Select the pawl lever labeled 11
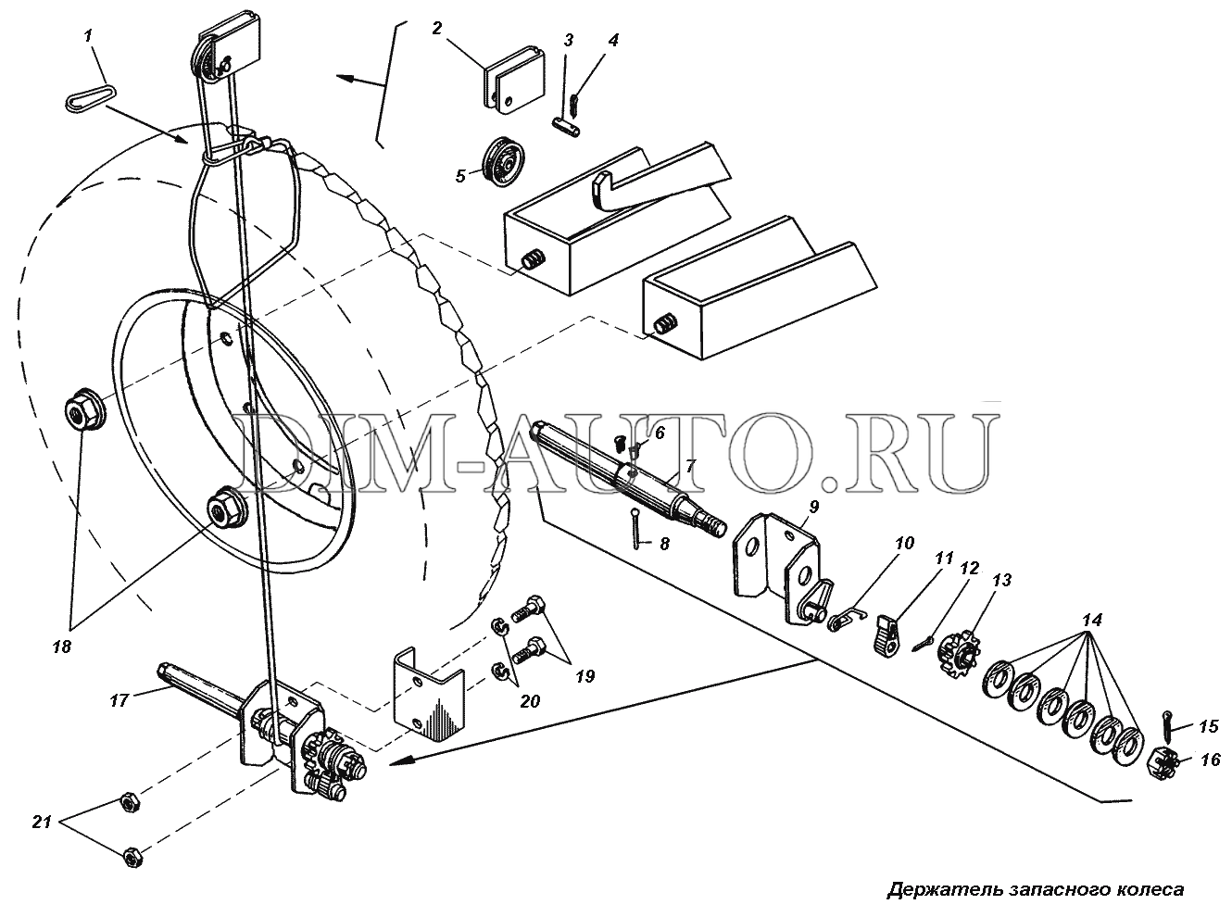point(887,634)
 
